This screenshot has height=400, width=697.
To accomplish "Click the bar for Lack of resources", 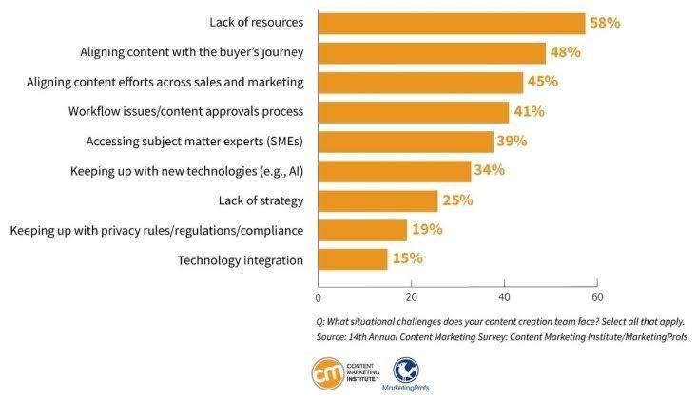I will pos(452,23).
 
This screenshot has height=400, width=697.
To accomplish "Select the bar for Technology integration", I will pos(353,259).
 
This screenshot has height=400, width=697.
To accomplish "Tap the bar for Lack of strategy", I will pos(378,200).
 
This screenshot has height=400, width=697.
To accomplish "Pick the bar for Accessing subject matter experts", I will pos(405,142).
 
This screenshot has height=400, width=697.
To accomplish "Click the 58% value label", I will pos(606,23).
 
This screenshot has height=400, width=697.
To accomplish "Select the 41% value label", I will pos(529,111).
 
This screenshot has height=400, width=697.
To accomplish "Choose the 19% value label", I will pos(426,230).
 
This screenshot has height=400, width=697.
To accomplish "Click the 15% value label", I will pos(407,259).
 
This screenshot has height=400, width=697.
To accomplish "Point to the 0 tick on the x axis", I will pos(318,297).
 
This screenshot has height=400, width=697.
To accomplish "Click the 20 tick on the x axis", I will pos(411,297).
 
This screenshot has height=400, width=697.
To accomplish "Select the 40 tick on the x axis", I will pos(504,297).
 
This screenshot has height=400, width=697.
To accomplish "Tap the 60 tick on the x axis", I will pos(596,297).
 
